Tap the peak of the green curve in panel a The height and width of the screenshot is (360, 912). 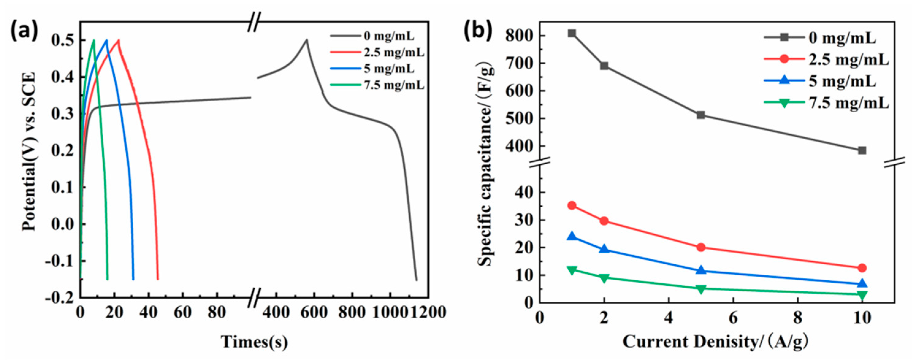94,40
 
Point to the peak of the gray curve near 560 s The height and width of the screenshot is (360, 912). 307,40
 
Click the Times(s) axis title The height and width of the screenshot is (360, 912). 254,342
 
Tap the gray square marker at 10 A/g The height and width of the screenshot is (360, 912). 862,151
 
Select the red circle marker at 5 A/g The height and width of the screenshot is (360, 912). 701,247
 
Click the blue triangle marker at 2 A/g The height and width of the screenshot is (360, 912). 604,249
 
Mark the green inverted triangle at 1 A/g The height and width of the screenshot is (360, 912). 572,270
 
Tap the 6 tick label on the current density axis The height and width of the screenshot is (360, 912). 733,318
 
